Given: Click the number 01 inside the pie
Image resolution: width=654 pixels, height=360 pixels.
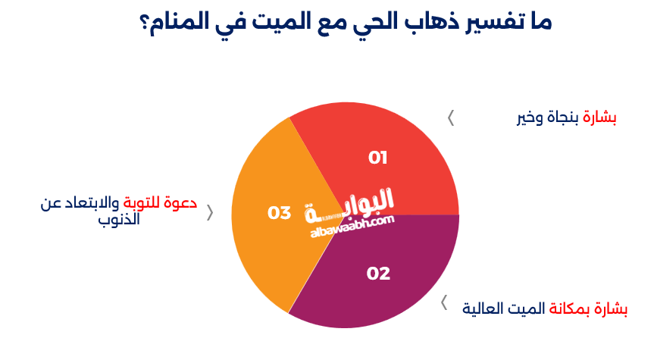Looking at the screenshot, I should click(378, 158).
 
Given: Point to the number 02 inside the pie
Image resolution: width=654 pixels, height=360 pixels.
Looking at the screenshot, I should click(378, 274).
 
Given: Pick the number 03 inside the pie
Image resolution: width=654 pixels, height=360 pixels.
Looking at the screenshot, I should click(280, 213).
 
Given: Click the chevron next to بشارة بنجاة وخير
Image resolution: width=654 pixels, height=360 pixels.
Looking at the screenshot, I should click(451, 117).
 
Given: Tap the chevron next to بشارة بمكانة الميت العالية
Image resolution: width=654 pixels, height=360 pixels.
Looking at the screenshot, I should click(445, 304).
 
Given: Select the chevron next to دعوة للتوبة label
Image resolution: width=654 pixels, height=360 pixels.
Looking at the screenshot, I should click(210, 213).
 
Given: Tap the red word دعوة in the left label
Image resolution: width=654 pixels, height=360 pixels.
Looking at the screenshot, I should click(181, 202).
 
